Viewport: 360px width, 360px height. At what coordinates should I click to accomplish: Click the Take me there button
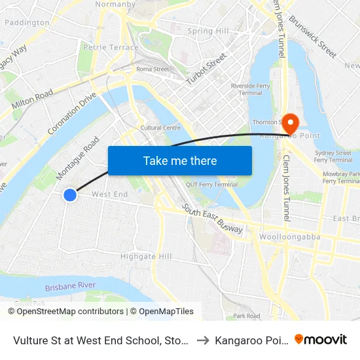tap(180, 160)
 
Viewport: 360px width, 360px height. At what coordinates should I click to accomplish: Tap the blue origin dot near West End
tap(70, 194)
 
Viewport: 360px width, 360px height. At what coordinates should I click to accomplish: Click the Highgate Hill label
tap(146, 256)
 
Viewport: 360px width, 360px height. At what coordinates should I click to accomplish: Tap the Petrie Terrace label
tap(111, 47)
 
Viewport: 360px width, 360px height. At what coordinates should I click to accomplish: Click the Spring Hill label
tap(208, 31)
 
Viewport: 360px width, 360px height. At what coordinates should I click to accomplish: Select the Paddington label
tap(27, 22)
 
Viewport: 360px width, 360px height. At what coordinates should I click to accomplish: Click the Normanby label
tap(115, 5)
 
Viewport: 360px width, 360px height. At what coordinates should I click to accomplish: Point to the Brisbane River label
tap(70, 286)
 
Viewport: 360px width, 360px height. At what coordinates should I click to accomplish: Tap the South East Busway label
tap(213, 219)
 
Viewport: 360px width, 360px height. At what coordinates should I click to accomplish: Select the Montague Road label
tap(78, 154)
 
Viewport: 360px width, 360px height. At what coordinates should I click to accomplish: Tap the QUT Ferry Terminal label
tap(211, 185)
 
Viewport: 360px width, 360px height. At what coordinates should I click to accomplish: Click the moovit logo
tap(321, 340)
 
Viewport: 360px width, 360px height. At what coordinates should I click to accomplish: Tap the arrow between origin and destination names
tap(203, 340)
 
